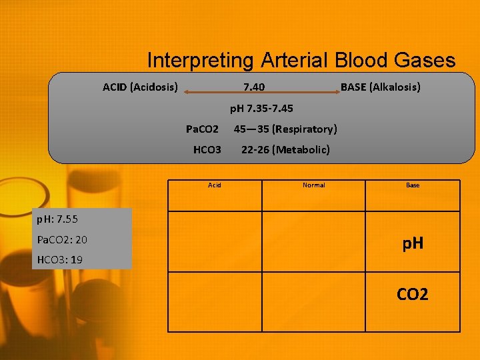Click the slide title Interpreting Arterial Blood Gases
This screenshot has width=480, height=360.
pos(301,61)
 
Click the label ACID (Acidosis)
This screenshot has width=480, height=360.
pos(140,87)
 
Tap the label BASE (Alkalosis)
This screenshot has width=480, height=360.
pos(380,87)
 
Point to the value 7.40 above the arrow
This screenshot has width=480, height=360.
pos(253,87)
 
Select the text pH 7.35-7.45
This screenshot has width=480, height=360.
pos(261,108)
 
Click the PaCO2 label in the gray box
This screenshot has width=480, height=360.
pos(202,129)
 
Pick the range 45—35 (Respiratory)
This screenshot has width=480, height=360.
pos(285,129)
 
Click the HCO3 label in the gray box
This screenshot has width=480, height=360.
pos(207,149)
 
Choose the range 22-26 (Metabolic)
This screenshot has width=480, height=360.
pos(285,149)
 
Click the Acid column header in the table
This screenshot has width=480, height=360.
pos(214,185)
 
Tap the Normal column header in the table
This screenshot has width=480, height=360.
pos(313,185)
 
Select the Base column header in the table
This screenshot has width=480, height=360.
pos(413,185)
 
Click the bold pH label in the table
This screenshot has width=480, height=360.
pos(413,245)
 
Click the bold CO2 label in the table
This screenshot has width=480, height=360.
pos(413,294)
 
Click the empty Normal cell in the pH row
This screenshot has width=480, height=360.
pos(313,241)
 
